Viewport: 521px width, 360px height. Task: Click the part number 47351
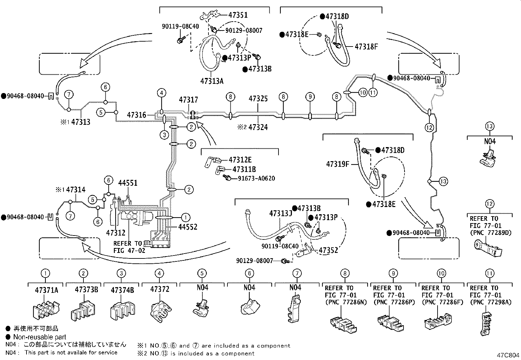tap(238, 15)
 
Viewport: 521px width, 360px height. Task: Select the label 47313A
tap(212, 81)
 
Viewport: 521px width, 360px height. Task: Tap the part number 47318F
tap(366, 47)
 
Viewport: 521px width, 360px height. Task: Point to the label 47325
tap(258, 99)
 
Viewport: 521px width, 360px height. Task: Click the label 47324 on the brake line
tap(258, 127)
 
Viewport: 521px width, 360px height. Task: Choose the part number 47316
tap(136, 115)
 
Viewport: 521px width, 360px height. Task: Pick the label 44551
tap(128, 183)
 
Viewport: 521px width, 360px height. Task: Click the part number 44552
tap(188, 227)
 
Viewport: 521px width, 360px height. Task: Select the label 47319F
tap(338, 164)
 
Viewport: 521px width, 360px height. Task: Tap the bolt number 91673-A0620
tap(256, 179)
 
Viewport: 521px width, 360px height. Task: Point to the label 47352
tap(328, 250)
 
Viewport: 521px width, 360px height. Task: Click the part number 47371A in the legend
tap(46, 290)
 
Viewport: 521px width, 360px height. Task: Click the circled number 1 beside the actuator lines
tap(185, 218)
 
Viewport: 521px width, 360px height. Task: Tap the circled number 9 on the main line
tap(310, 97)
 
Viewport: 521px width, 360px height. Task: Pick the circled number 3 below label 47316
tap(164, 135)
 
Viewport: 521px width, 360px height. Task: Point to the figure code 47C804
tap(508, 355)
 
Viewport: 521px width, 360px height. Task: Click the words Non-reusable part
tap(40, 337)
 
